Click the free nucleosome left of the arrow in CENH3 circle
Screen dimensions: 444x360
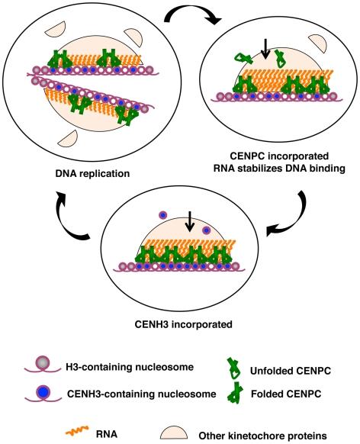tap(162, 217)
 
